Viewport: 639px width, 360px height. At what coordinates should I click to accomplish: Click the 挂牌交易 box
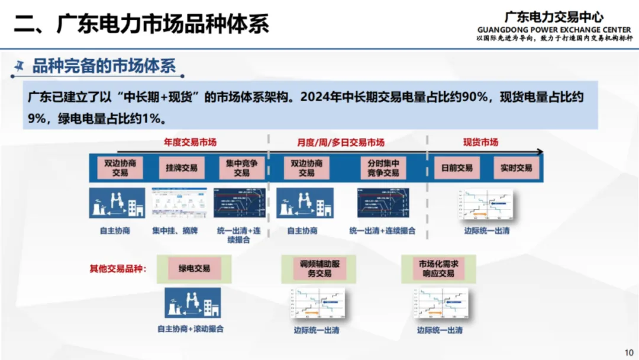pyautogui.click(x=181, y=168)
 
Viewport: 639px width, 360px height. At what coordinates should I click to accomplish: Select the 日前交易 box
pyautogui.click(x=456, y=168)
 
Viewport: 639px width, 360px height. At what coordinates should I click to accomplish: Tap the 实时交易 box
pyautogui.click(x=516, y=168)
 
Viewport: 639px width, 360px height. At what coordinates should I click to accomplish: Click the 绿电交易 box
pyautogui.click(x=194, y=268)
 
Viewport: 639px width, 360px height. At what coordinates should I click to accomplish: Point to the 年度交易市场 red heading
pyautogui.click(x=190, y=142)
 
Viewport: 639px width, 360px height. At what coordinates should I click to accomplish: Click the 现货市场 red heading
pyautogui.click(x=480, y=142)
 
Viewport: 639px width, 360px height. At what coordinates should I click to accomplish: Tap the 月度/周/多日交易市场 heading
pyautogui.click(x=341, y=142)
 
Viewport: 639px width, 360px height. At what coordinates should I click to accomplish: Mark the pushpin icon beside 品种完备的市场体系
pyautogui.click(x=21, y=66)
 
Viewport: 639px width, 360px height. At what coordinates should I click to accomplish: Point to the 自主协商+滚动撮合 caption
pyautogui.click(x=191, y=329)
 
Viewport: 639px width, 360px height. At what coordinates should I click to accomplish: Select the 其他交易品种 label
pyautogui.click(x=118, y=268)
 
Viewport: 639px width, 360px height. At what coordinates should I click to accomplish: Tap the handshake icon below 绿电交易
pyautogui.click(x=192, y=303)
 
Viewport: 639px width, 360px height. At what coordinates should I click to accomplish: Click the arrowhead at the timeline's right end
pyautogui.click(x=539, y=152)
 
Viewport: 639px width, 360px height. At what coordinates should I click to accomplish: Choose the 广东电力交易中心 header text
pyautogui.click(x=554, y=17)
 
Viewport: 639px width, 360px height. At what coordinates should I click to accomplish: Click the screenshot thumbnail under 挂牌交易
pyautogui.click(x=179, y=203)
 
